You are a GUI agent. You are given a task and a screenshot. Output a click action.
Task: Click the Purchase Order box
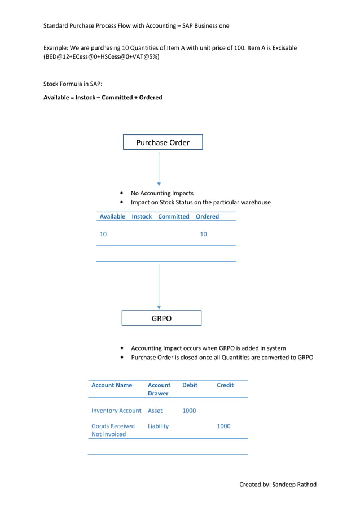[163, 142]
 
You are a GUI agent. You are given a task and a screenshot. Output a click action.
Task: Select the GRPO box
[161, 319]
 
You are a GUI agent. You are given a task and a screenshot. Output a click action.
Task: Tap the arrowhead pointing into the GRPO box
[159, 308]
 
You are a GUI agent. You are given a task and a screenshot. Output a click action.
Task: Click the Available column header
[112, 216]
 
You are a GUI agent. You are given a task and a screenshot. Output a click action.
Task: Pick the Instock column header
[142, 216]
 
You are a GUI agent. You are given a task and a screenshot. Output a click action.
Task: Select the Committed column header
[174, 216]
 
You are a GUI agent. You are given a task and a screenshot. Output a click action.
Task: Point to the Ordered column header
[207, 216]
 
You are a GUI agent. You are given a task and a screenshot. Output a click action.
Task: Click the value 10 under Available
[103, 234]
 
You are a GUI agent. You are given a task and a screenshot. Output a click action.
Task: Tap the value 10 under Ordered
[203, 234]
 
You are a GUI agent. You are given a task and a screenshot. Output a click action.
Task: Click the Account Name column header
[112, 385]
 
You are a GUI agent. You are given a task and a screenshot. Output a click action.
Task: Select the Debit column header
[190, 385]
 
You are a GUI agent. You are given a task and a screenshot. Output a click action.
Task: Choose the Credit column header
[225, 385]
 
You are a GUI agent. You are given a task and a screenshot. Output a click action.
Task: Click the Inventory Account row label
[116, 411]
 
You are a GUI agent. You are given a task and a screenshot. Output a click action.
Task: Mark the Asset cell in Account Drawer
[155, 411]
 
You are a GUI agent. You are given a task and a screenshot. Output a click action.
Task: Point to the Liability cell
[158, 426]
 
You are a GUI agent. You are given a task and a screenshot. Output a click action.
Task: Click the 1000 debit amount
[189, 411]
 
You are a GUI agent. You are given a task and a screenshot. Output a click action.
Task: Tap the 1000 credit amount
[224, 426]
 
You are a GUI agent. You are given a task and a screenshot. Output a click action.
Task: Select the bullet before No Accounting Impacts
[122, 193]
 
